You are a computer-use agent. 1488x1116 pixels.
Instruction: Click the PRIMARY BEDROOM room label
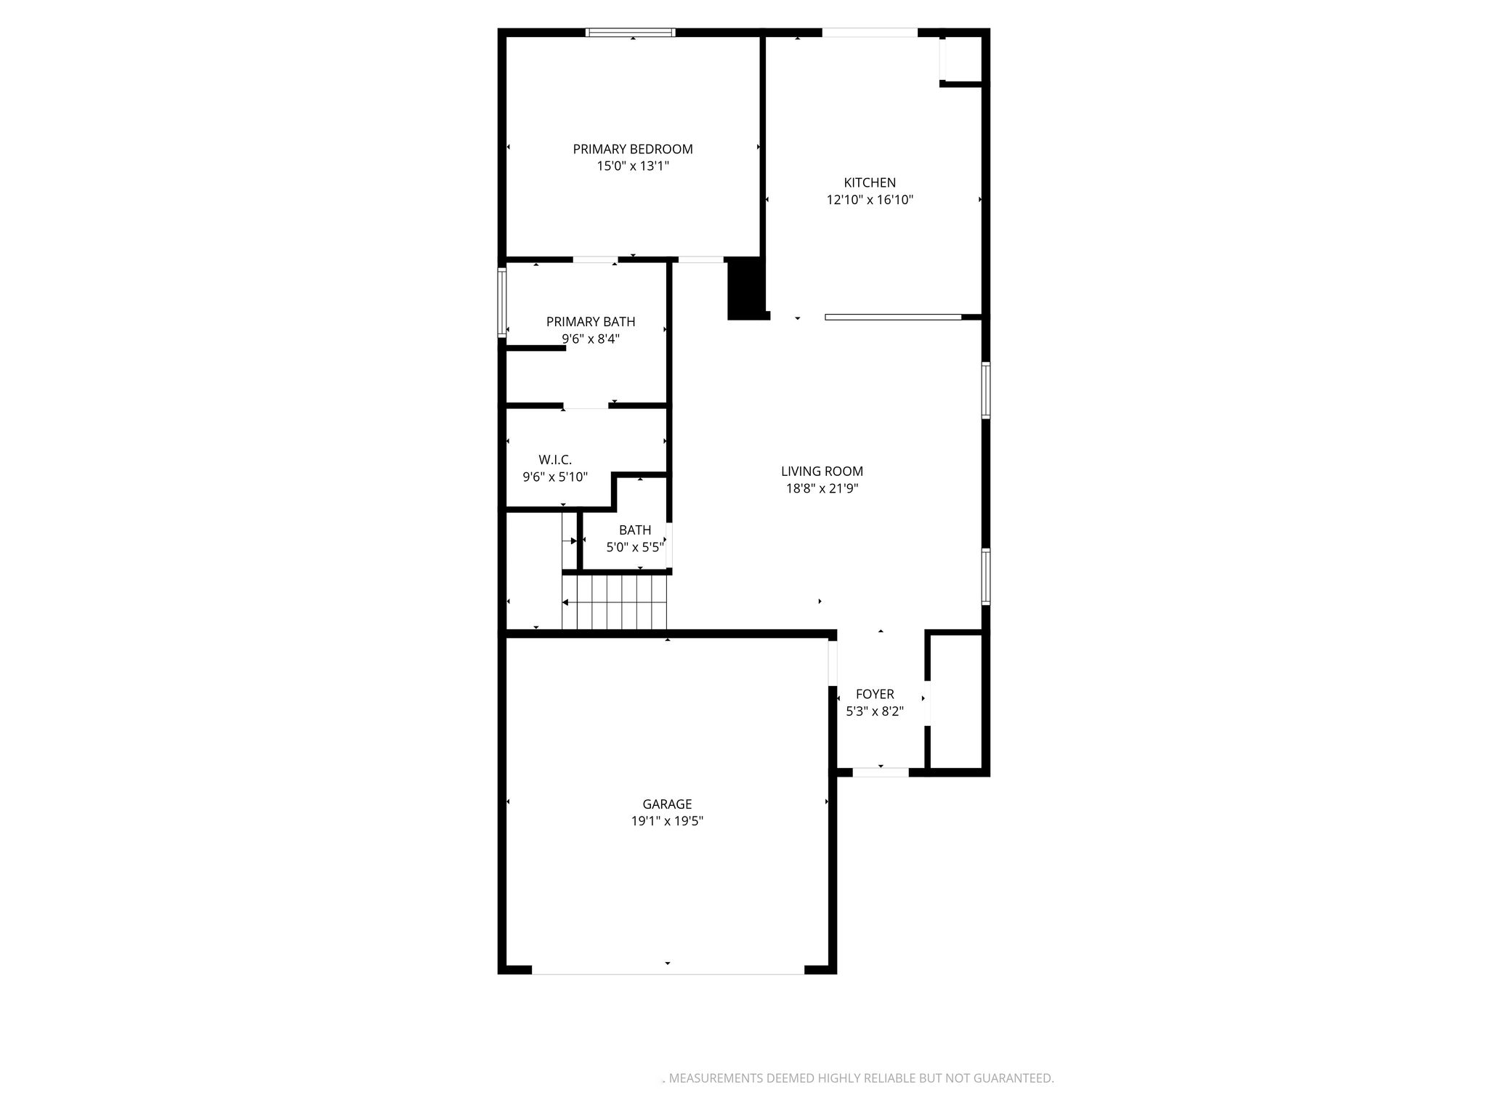[x=633, y=149]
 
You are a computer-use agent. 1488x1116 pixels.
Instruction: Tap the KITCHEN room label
[x=870, y=183]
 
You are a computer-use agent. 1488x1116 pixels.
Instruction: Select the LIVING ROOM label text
[x=822, y=472]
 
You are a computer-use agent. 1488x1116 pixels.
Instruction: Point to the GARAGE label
[x=667, y=804]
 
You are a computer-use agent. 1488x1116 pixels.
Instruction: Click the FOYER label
[x=875, y=695]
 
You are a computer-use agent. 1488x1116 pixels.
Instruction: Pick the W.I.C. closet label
[x=555, y=460]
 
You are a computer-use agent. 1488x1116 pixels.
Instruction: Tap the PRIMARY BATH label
[x=591, y=322]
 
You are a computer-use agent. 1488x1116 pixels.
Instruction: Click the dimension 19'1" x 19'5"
[x=667, y=821]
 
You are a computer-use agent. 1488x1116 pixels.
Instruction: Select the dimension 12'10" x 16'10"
[x=870, y=200]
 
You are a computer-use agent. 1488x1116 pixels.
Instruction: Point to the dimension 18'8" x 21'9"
[x=822, y=488]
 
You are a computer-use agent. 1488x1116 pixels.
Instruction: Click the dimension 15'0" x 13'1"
[x=633, y=166]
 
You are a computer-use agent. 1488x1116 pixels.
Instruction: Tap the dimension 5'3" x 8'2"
[x=875, y=711]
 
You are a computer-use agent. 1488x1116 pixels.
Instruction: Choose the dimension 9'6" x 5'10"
[x=555, y=477]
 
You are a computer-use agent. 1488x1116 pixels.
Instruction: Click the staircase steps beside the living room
[x=615, y=602]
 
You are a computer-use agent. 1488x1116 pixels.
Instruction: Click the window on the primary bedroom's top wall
[x=631, y=32]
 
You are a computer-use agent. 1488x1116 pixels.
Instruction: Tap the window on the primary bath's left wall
[x=501, y=302]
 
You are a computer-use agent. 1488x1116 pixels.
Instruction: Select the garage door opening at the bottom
[x=668, y=969]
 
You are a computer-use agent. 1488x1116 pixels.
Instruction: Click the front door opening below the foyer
[x=881, y=772]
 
